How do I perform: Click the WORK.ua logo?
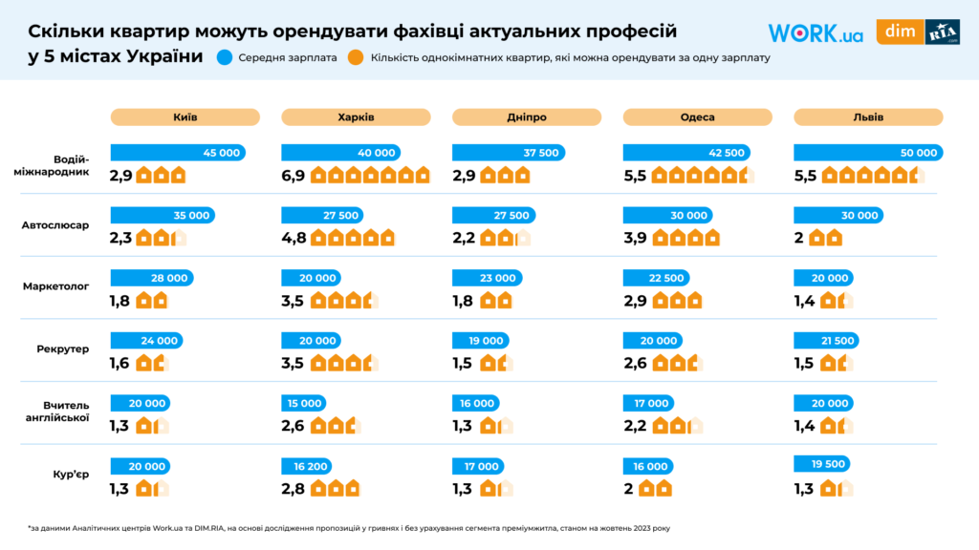point(816,34)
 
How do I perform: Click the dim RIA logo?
point(918,32)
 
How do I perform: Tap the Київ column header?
point(185,117)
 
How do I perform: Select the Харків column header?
point(356,117)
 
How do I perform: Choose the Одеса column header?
point(697,117)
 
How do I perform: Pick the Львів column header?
point(868,117)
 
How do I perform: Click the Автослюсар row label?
point(55,225)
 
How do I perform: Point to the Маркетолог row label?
point(55,287)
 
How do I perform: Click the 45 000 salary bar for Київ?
point(177,153)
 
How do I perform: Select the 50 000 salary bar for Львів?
point(868,153)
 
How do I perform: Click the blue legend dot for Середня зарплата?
point(225,57)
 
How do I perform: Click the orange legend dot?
point(355,57)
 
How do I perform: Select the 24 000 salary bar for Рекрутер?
point(146,341)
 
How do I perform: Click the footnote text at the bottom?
point(344,527)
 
